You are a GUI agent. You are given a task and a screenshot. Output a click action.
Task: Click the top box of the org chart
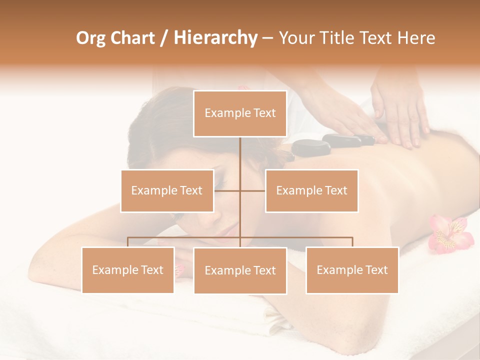[x=240, y=113]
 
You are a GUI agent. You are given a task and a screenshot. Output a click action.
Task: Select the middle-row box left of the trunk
[x=167, y=190]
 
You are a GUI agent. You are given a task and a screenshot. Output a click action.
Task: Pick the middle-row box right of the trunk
[x=311, y=190]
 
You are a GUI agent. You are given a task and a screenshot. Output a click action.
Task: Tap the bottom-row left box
[x=128, y=270]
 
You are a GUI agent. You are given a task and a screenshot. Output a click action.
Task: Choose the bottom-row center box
[x=240, y=270]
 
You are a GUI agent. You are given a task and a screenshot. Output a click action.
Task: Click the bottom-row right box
[x=352, y=270]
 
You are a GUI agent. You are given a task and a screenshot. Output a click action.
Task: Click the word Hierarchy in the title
[x=215, y=38]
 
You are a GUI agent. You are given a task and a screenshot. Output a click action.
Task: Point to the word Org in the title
[x=91, y=38]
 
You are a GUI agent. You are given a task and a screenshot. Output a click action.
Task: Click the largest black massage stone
[x=311, y=147]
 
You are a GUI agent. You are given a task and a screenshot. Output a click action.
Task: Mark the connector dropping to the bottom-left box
[x=128, y=242]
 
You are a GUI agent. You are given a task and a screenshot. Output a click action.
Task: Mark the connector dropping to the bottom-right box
[x=352, y=242]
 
